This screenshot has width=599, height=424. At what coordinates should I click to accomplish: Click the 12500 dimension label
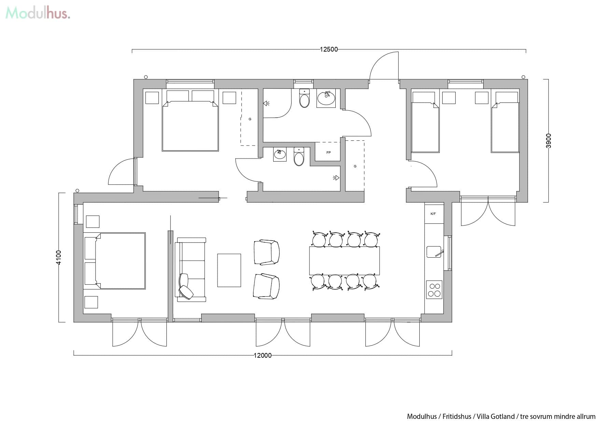point(329,49)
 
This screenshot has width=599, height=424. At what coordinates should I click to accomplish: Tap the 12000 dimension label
point(263,355)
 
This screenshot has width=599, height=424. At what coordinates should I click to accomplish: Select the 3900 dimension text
point(548,140)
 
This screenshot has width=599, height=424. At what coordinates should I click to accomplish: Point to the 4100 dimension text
point(59,257)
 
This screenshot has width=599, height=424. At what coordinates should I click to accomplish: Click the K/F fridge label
point(433,214)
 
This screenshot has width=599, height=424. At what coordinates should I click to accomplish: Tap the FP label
point(329,152)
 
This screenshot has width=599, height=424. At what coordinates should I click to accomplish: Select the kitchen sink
point(434,252)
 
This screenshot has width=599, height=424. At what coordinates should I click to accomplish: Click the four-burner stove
point(434,290)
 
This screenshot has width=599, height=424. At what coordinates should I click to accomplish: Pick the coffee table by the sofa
point(229,270)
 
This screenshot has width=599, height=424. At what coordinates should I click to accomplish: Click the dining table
point(344,260)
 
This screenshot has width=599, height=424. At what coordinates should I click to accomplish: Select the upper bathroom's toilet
point(304,99)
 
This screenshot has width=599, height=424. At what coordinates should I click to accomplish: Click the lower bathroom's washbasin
point(280,154)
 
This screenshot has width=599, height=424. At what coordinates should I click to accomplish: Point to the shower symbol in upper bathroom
point(266,103)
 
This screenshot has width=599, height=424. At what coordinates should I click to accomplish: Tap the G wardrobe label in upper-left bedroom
point(250,119)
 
